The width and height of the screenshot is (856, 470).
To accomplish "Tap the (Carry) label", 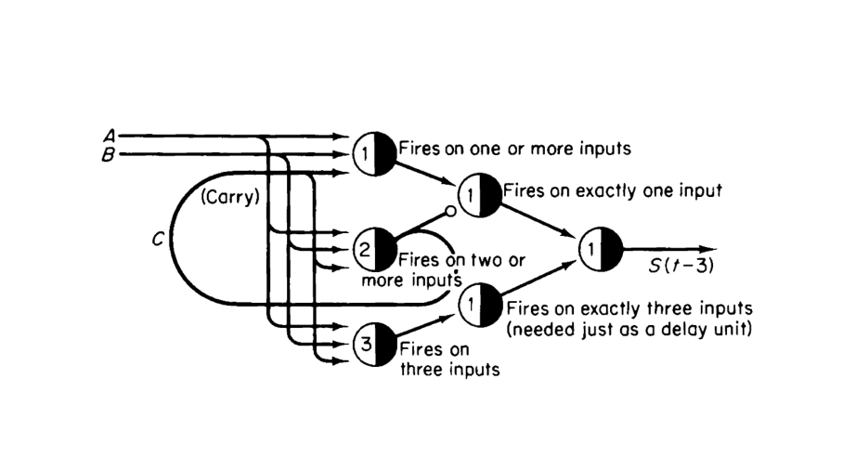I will tap(229, 197).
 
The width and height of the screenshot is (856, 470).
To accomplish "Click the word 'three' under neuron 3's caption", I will tap(421, 369).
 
